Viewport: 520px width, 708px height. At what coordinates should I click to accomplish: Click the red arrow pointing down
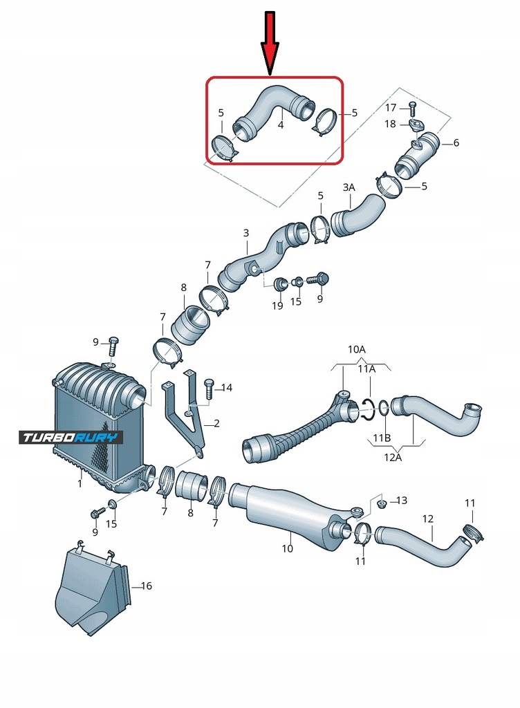click(x=270, y=41)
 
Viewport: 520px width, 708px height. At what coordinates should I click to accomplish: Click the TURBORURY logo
click(x=71, y=437)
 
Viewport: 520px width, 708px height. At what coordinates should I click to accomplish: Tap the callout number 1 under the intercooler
click(x=80, y=483)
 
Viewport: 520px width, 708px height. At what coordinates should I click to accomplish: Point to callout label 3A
click(x=349, y=187)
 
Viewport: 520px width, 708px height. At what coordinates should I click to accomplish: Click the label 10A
click(x=357, y=350)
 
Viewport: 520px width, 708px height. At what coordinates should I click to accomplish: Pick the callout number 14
click(x=227, y=387)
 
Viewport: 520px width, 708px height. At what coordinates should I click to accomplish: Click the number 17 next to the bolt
click(x=391, y=107)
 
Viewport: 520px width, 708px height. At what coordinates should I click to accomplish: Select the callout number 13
click(x=402, y=500)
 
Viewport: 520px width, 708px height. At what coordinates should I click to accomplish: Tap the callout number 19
click(x=277, y=306)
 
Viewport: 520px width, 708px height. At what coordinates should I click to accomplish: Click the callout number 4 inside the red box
click(x=281, y=125)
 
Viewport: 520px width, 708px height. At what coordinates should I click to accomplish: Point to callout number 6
click(x=456, y=143)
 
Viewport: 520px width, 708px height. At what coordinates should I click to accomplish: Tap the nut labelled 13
click(x=381, y=501)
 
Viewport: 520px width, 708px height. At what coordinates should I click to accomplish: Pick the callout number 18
click(x=391, y=124)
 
